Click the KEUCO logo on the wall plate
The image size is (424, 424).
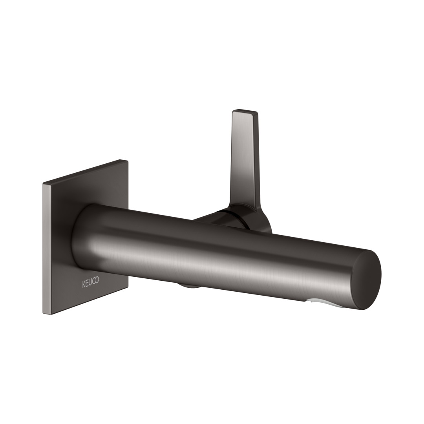(x=91, y=282)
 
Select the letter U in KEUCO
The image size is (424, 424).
(x=90, y=282)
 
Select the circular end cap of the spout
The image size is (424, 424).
(x=367, y=280)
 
